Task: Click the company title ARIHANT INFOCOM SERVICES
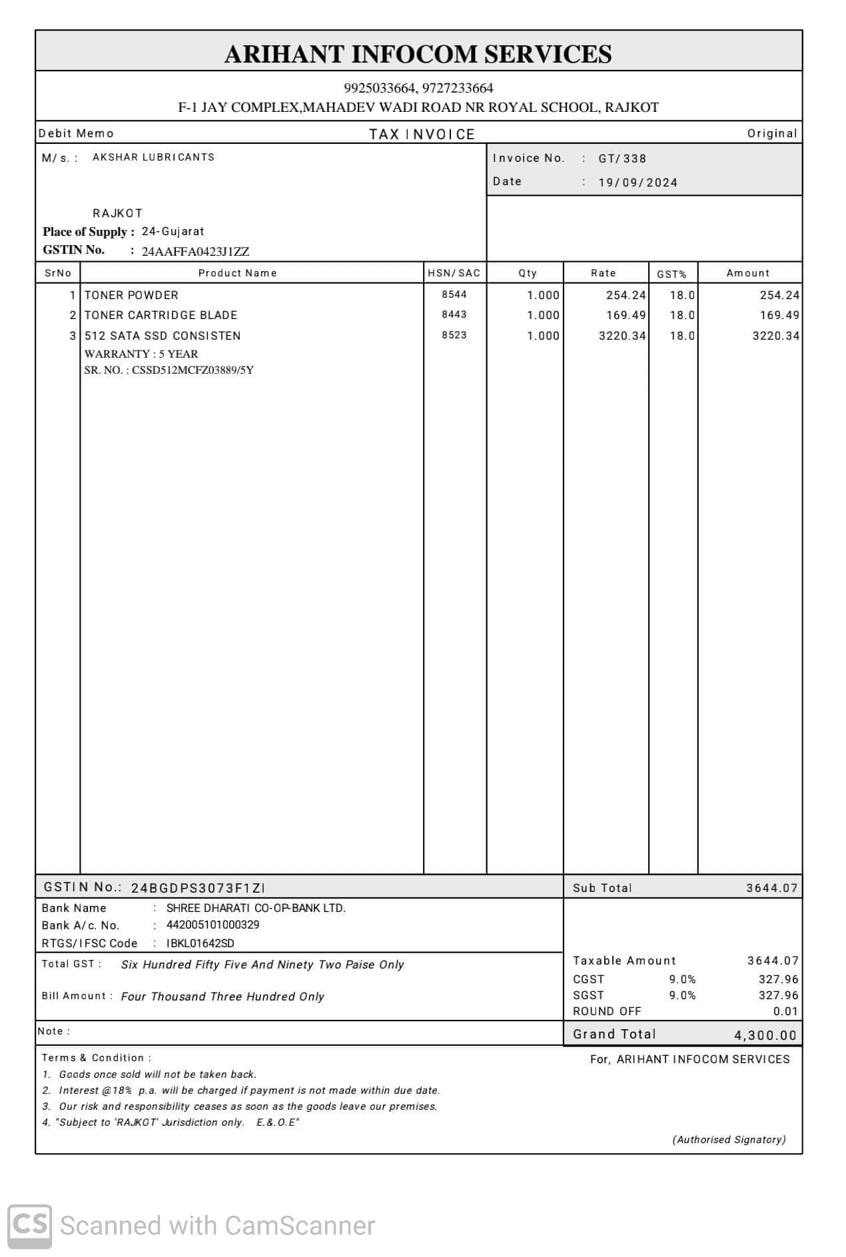coord(418,54)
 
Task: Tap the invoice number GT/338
coord(622,159)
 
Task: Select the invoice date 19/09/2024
coord(637,183)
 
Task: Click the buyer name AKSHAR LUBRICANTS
coord(153,157)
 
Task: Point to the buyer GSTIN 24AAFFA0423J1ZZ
coord(195,251)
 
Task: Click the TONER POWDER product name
coord(131,295)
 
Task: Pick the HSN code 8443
coord(454,314)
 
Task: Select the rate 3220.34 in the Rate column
coord(622,336)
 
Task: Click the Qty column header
coord(528,273)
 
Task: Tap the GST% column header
coord(671,274)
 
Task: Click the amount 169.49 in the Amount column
coord(779,315)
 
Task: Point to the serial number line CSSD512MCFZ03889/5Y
coord(169,370)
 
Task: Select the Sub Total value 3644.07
coord(771,888)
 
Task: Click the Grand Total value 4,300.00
coord(765,1035)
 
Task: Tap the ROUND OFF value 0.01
coord(785,1011)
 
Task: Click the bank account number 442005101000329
coord(212,925)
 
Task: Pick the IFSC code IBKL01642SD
coord(200,943)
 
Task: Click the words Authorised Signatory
coord(729,1140)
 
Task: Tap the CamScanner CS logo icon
coord(30,1226)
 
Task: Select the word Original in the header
coord(771,133)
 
